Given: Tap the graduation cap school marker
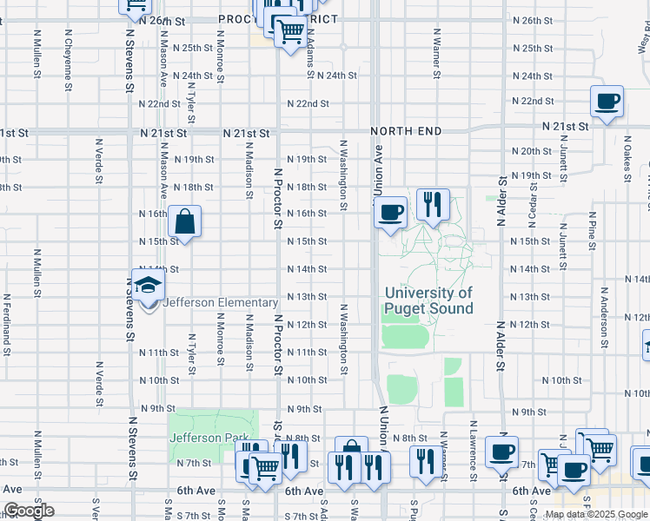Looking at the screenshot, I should coord(148,287).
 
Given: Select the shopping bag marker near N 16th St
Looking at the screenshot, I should coord(185,223).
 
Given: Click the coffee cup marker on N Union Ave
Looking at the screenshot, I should coord(390,212).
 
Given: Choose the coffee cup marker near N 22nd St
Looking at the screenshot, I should coord(607,102).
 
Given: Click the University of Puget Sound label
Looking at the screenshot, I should coord(429,301).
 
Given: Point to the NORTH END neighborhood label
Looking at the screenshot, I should coord(406,131).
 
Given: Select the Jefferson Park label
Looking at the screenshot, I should coord(209,439).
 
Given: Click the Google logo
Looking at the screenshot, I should coord(29,511).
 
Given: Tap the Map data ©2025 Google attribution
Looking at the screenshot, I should coord(597,514).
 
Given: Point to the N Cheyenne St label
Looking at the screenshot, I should coord(68,52).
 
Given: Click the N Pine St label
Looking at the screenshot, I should coord(591,232).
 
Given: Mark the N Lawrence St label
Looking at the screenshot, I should coord(473,456).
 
